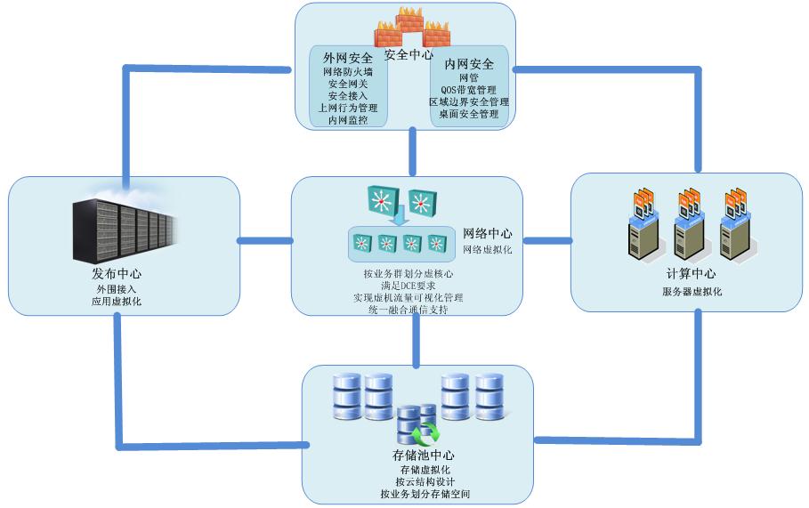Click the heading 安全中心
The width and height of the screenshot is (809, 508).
(409, 54)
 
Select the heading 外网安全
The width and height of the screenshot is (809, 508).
(348, 58)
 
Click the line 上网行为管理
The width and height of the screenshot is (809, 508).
(348, 107)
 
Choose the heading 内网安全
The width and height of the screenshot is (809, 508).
(469, 64)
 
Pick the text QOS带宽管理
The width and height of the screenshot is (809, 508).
(469, 90)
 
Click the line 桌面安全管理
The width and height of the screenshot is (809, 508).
(469, 115)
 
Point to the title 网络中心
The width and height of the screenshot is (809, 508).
(488, 234)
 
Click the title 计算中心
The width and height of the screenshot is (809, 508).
(691, 274)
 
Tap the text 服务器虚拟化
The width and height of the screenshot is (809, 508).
(692, 292)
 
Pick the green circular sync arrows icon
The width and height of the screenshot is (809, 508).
(425, 435)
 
